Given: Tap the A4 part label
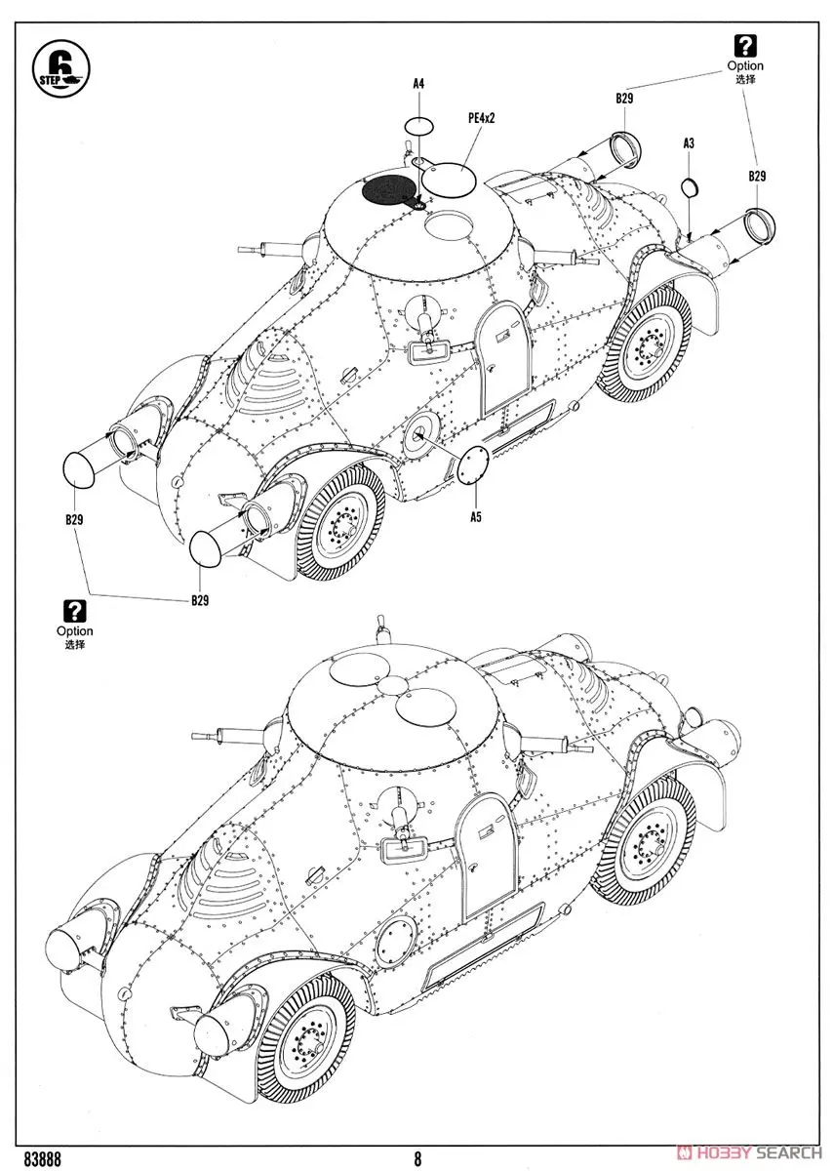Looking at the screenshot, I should click(x=417, y=85).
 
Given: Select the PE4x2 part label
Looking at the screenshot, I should click(x=483, y=117).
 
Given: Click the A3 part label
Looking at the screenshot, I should click(x=689, y=143).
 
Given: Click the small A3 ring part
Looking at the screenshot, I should click(x=689, y=188).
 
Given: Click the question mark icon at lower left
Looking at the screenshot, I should click(x=75, y=611).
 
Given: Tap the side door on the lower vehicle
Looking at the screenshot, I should click(x=488, y=854).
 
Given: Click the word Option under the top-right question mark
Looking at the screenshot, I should click(x=744, y=65).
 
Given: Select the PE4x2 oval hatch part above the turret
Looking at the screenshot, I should click(x=450, y=179).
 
